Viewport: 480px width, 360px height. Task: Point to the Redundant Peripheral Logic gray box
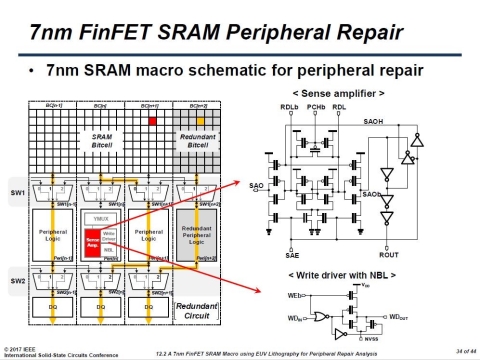click(204, 236)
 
